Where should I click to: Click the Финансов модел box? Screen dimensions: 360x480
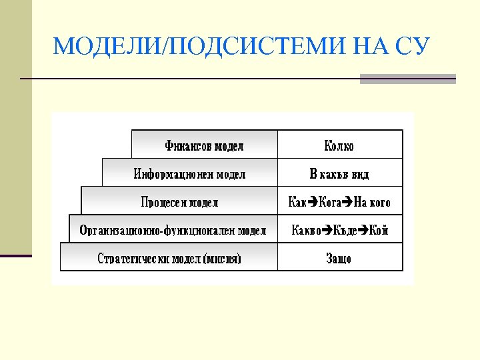204,145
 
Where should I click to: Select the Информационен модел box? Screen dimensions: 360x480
189,173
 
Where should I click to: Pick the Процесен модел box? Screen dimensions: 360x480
179,201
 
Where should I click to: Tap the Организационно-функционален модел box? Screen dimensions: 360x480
173,230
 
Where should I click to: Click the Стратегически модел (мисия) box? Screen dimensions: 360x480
169,258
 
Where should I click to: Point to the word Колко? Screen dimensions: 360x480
339,145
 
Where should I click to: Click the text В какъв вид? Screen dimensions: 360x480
339,174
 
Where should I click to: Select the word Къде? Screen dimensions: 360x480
345,231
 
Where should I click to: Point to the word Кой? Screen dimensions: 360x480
378,231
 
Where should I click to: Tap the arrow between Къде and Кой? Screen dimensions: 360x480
363,231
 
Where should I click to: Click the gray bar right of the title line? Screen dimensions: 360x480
407,79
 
